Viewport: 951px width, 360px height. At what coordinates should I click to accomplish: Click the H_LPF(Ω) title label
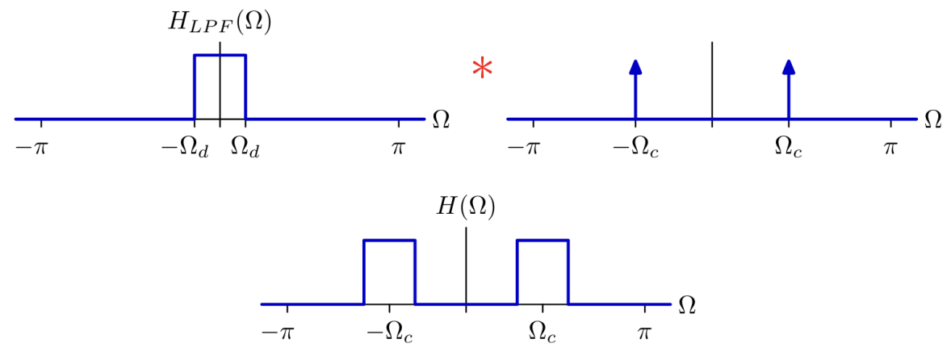[220, 24]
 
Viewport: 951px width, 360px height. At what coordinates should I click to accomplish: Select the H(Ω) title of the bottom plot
[465, 208]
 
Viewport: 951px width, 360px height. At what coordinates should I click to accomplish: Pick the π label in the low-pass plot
[398, 148]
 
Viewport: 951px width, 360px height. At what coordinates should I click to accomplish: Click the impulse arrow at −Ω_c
[635, 89]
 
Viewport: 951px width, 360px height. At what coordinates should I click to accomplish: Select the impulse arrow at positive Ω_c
[788, 89]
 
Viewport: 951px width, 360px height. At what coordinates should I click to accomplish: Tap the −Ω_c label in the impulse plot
[635, 149]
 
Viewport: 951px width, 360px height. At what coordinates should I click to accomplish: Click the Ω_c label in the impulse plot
[789, 149]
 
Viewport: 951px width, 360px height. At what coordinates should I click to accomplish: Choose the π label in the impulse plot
[890, 148]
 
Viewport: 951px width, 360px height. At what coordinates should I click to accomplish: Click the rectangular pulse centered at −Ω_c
[389, 241]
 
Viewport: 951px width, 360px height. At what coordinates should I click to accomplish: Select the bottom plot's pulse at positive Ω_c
[543, 241]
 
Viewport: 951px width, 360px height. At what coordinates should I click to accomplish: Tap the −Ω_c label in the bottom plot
[389, 334]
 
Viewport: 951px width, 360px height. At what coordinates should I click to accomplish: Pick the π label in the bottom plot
[644, 333]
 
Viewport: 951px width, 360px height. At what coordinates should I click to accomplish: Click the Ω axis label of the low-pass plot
[442, 119]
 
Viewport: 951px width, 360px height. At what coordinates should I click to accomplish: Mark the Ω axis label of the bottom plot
[687, 303]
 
